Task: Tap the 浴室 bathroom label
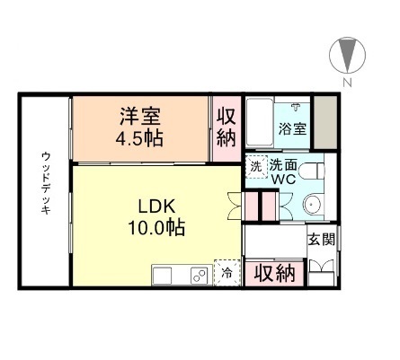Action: (x=291, y=128)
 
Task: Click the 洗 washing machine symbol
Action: (x=256, y=167)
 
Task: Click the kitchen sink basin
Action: (x=168, y=275)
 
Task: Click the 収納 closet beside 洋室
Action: (x=226, y=128)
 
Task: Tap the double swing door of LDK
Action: (x=235, y=206)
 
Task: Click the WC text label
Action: (x=285, y=178)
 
